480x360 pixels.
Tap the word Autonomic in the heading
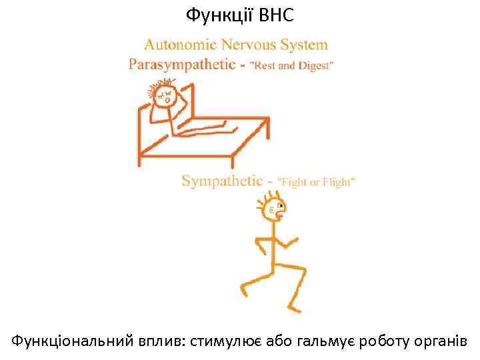180,45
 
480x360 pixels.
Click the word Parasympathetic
181,65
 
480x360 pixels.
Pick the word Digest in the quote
314,66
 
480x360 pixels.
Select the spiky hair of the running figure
271,196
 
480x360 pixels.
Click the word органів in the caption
445,342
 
